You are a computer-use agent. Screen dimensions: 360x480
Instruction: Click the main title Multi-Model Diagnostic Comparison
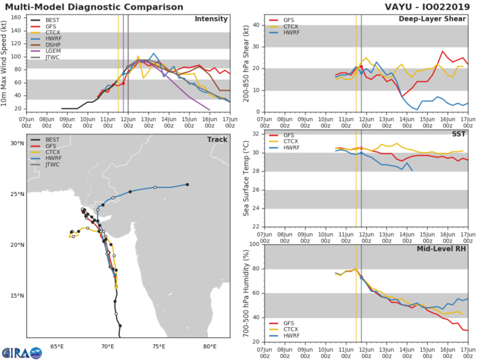[88, 6]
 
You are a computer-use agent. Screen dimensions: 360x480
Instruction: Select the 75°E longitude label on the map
[158, 347]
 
